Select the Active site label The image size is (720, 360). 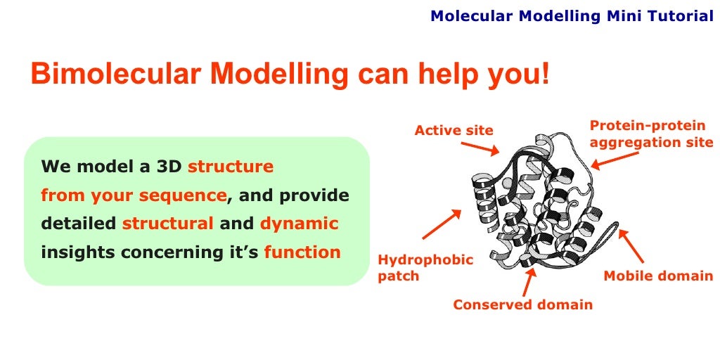point(454,130)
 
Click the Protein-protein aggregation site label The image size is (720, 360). point(651,134)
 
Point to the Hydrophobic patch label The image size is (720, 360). point(425,268)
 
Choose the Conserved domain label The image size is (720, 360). point(522,304)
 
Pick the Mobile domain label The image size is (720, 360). point(658,276)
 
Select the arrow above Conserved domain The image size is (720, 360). point(528,281)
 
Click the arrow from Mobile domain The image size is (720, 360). point(631,247)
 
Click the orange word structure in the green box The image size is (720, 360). point(231,167)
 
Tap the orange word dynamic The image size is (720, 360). point(299,224)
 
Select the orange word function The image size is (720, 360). point(302,252)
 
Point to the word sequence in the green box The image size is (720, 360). point(183,195)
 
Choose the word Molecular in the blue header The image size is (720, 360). point(471,15)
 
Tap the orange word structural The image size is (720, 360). point(167,224)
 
